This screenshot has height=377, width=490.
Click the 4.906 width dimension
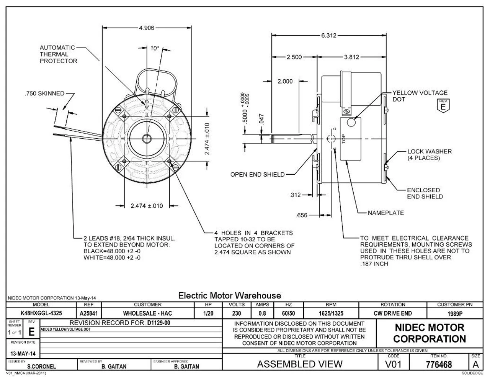(x=147, y=28)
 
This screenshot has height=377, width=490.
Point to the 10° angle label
(x=154, y=48)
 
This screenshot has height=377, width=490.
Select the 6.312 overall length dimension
(x=328, y=35)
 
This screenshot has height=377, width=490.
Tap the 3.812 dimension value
(x=351, y=57)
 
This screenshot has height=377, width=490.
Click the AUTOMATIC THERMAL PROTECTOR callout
(x=58, y=54)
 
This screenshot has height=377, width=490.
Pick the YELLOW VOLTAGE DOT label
(x=420, y=96)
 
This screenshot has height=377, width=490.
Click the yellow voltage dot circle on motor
(x=352, y=122)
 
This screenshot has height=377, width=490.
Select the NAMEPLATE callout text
(x=385, y=213)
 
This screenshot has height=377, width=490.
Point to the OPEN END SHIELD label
(x=257, y=175)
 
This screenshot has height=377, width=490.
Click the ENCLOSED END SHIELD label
(x=425, y=193)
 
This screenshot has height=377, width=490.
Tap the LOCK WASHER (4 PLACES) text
(x=429, y=155)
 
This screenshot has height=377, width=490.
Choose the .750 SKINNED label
(x=44, y=93)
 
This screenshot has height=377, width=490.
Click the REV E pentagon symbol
(x=443, y=105)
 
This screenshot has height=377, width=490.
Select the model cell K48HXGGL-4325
(x=41, y=313)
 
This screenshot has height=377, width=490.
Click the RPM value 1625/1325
(x=331, y=313)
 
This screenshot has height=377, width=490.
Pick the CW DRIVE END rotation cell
(x=393, y=313)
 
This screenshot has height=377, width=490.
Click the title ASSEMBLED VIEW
(x=300, y=364)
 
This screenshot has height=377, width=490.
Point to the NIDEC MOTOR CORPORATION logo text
(x=429, y=333)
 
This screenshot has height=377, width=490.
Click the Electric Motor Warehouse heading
(x=229, y=295)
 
